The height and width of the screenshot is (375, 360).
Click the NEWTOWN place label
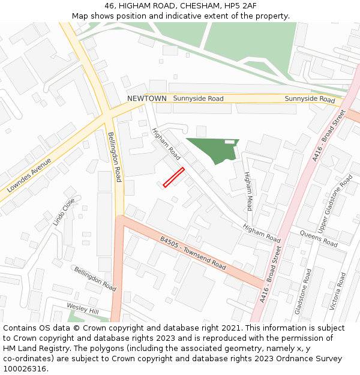pyautogui.click(x=146, y=98)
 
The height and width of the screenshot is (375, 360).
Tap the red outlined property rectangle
pyautogui.click(x=173, y=178)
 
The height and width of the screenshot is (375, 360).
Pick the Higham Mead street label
pyautogui.click(x=248, y=191)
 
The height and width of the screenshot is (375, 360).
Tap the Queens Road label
pyautogui.click(x=318, y=239)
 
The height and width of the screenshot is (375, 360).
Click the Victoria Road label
pyautogui.click(x=338, y=291)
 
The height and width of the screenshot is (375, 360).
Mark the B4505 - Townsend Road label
pyautogui.click(x=193, y=253)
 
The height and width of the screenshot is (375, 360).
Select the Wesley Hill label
pyautogui.click(x=82, y=308)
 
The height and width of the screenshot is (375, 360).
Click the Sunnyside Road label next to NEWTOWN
pyautogui.click(x=198, y=98)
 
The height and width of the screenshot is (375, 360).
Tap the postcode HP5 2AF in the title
pyautogui.click(x=241, y=6)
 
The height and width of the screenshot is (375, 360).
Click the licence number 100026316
pyautogui.click(x=25, y=368)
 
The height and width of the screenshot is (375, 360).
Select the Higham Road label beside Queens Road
pyautogui.click(x=262, y=233)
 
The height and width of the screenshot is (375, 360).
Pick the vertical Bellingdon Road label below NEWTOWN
pyautogui.click(x=115, y=157)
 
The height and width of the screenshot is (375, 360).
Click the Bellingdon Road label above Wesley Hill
pyautogui.click(x=95, y=279)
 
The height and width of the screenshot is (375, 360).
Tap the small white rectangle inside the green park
pyautogui.click(x=229, y=142)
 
